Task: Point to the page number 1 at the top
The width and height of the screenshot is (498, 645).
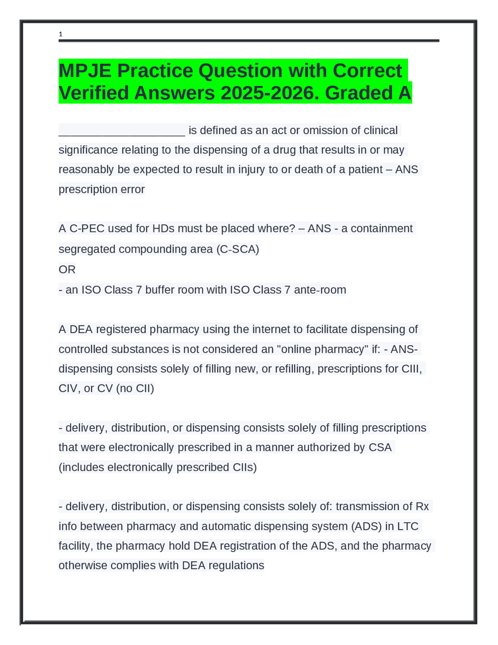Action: point(60,34)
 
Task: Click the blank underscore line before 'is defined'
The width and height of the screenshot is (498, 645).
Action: point(122,131)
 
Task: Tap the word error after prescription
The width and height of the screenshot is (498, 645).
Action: point(133,189)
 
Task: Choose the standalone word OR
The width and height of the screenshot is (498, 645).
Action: point(67,270)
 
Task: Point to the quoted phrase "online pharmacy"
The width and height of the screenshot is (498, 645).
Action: point(323,349)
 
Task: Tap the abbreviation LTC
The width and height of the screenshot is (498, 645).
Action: point(407,526)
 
